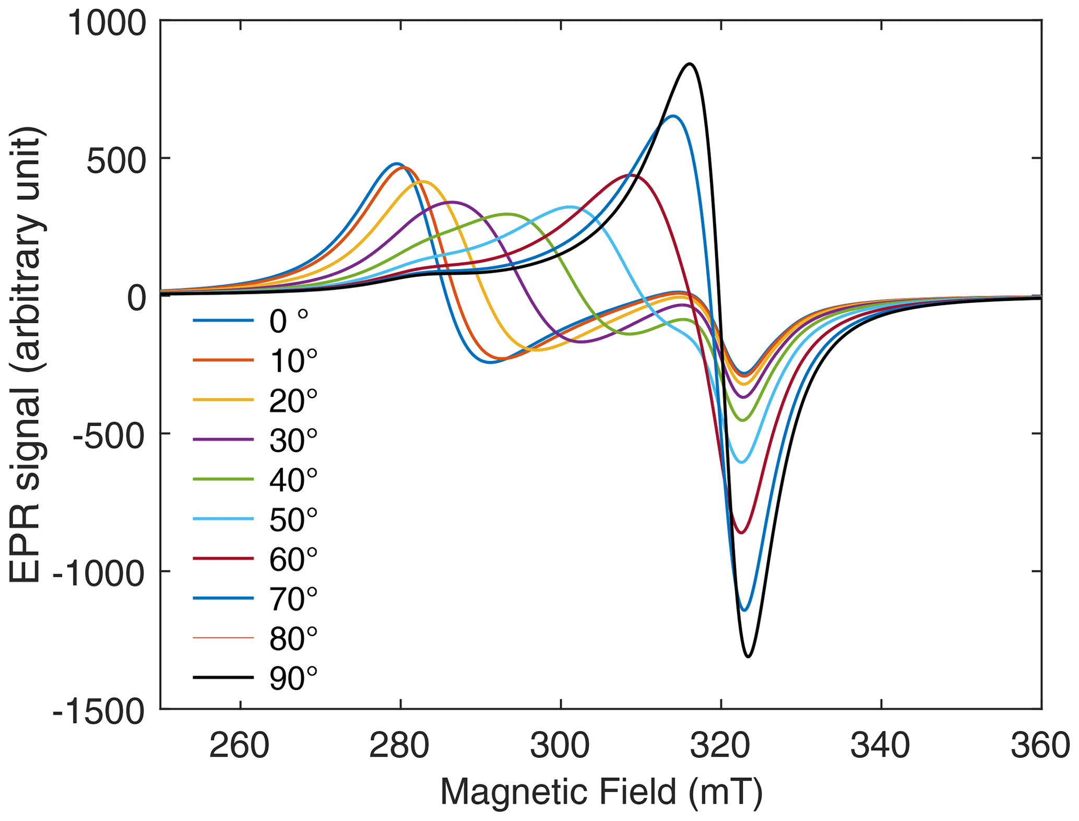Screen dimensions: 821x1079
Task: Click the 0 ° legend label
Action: click(289, 321)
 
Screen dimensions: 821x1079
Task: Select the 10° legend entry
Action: click(293, 360)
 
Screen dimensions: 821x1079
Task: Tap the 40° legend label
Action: click(293, 479)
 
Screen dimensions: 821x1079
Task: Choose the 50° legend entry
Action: click(293, 519)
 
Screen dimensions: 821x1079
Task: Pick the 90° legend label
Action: click(293, 678)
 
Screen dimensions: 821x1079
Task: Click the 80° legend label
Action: click(293, 638)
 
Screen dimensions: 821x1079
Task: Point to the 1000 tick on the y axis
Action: click(106, 24)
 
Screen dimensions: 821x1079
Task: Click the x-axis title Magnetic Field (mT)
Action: click(601, 792)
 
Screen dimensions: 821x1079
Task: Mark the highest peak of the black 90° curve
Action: click(690, 64)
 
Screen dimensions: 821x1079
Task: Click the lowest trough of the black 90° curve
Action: click(748, 656)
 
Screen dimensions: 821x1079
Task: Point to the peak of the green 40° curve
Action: click(506, 214)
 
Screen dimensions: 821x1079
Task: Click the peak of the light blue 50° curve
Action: click(570, 207)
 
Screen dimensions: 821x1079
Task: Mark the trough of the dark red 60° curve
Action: click(742, 533)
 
